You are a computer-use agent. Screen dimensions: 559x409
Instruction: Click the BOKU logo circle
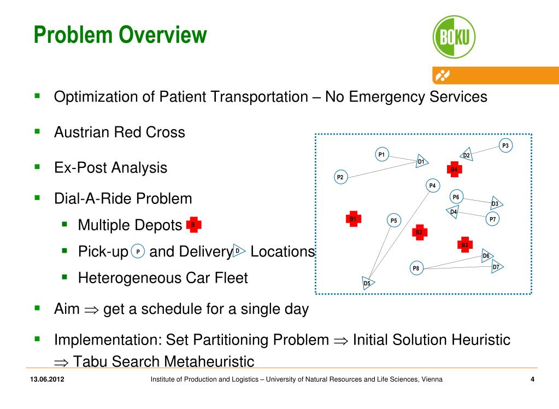(x=454, y=37)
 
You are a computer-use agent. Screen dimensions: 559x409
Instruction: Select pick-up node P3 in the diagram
(x=505, y=145)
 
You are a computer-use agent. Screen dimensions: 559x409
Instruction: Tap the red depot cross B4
(x=454, y=170)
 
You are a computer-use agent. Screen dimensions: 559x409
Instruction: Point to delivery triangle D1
(x=421, y=161)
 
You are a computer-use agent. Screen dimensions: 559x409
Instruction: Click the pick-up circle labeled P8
(x=416, y=268)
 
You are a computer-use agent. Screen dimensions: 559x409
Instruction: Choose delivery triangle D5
(x=368, y=283)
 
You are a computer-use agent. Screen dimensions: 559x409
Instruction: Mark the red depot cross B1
(x=353, y=219)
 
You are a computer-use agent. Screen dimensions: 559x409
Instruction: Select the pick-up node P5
(x=393, y=220)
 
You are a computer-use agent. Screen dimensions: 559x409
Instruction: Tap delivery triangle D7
(x=496, y=267)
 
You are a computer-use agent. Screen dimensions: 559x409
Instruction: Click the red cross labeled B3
(x=465, y=245)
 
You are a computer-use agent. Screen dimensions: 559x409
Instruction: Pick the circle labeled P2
(x=340, y=177)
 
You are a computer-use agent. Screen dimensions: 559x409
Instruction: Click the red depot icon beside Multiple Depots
(x=193, y=224)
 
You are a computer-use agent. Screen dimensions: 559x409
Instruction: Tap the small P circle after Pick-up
(x=138, y=252)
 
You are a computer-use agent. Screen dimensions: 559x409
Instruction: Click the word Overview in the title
(x=163, y=35)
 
